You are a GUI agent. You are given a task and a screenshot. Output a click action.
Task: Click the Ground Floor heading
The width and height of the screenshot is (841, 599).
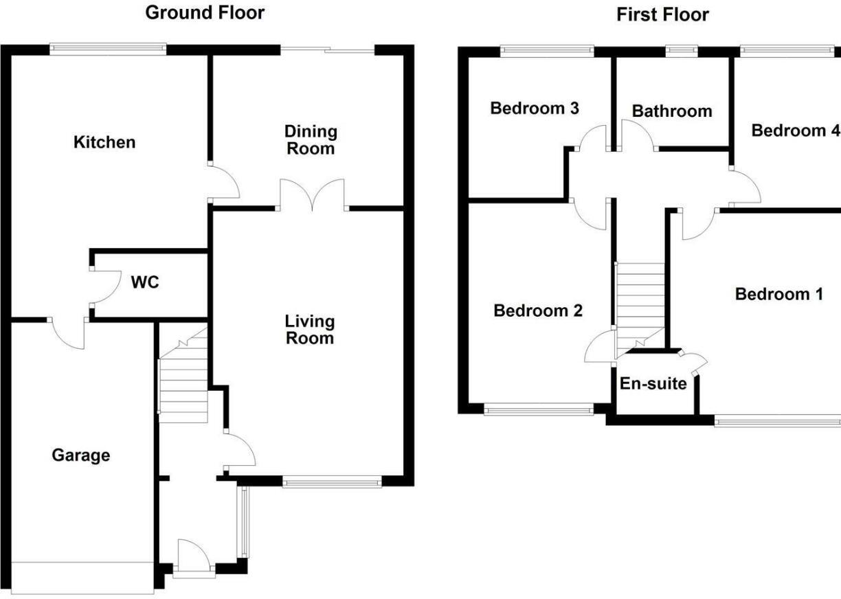pos(205,12)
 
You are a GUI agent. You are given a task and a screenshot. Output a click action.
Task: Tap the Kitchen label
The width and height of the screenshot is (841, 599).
pos(104,143)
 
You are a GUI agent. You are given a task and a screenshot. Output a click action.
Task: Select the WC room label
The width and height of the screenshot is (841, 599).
pos(145,282)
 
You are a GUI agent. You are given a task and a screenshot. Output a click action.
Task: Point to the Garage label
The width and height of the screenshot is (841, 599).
pos(81,455)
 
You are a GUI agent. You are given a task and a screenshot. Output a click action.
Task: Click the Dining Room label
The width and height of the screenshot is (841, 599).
pos(311,139)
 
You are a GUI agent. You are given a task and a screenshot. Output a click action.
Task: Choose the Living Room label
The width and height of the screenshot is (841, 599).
pos(310,330)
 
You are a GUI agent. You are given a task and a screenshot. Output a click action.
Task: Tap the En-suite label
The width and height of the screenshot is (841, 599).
pos(653,384)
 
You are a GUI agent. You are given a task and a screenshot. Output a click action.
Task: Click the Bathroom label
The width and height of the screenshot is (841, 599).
pos(671,111)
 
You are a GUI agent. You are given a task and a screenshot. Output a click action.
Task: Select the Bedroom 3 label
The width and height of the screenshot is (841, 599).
pos(534,109)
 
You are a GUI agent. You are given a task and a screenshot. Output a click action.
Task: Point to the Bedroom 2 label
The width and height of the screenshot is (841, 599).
pos(538,310)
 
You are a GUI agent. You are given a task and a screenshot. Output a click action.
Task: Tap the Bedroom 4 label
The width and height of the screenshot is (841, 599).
pos(794,131)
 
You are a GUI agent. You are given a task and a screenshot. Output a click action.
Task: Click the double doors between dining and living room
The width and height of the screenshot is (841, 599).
pos(312,196)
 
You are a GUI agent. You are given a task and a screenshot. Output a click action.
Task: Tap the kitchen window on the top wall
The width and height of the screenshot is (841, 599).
pos(108,49)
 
